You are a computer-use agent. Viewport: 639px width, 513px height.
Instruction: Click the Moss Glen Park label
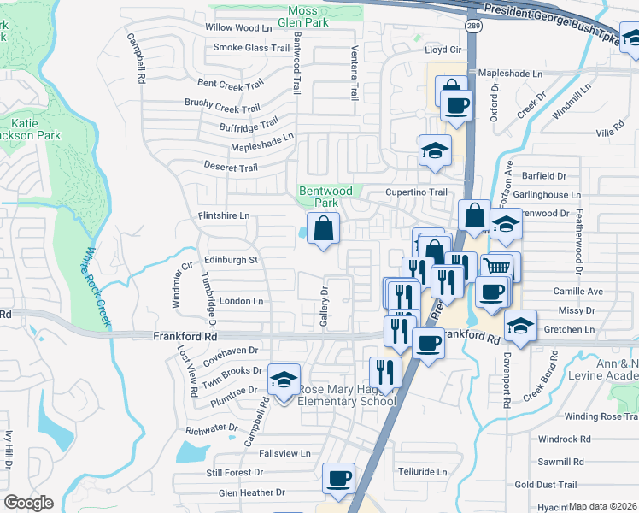317,16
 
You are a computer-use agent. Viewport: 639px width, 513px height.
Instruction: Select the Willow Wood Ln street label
237,28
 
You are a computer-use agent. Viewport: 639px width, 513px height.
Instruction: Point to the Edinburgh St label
231,260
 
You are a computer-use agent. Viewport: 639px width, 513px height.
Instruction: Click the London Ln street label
241,301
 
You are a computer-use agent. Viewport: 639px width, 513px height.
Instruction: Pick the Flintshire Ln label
224,216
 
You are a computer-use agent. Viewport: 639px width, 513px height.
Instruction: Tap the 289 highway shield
474,27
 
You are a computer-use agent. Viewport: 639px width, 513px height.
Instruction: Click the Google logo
28,503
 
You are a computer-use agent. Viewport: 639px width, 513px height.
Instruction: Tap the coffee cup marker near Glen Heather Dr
339,478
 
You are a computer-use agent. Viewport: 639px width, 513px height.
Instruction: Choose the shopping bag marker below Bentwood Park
324,228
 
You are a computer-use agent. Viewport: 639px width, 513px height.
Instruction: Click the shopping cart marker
496,268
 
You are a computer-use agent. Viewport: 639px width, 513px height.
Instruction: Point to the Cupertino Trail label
416,192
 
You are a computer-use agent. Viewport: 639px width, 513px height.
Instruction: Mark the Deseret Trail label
231,168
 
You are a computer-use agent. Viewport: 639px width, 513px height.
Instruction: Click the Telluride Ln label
418,471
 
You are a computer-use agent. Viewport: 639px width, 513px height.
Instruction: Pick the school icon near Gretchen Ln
521,325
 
